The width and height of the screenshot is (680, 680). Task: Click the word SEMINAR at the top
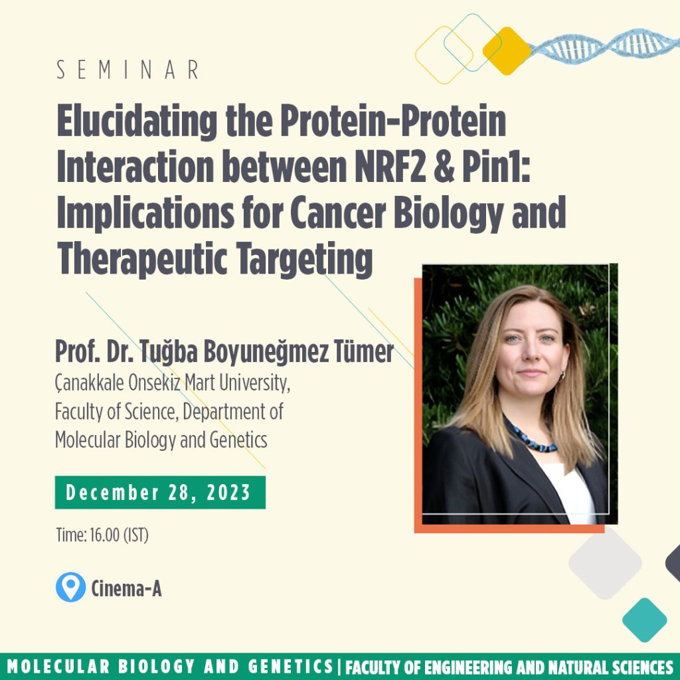coord(128,70)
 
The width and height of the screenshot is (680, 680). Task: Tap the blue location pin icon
coord(70,587)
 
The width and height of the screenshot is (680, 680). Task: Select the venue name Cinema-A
coord(126,588)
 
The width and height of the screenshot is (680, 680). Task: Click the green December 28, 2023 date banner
coord(160,492)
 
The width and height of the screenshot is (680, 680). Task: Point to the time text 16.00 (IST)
coord(120,535)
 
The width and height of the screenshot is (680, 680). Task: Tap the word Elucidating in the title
coord(137,122)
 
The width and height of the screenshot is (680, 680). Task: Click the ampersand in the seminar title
coord(444,167)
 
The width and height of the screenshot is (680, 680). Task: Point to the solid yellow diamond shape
coord(507,50)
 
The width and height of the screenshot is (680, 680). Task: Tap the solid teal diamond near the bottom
coord(644,620)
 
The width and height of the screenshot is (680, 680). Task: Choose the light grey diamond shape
coord(605,563)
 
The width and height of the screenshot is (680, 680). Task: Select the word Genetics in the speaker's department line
coord(238,440)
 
